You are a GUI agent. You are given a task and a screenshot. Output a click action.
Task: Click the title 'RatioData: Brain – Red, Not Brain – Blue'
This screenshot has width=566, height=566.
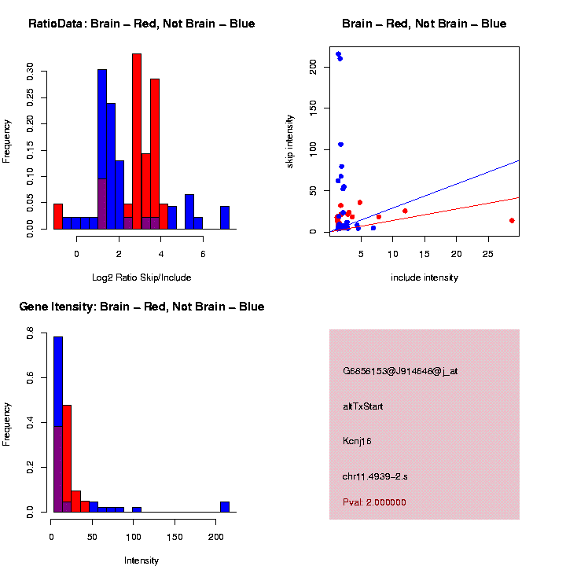coord(141,24)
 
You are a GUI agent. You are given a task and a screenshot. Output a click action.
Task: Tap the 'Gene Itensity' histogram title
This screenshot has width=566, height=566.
coord(141,307)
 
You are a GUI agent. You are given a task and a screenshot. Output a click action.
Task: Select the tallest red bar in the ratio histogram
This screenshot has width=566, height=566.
coord(137,141)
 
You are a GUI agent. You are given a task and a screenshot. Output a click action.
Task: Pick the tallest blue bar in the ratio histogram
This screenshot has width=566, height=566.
coord(102,149)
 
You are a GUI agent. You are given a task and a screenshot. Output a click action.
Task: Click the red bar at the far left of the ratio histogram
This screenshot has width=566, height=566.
coord(58,216)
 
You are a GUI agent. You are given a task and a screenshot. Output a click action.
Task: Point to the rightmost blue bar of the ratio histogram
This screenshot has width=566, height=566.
coord(225,218)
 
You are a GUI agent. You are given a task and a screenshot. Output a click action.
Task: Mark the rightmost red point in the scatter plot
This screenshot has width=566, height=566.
coord(512,221)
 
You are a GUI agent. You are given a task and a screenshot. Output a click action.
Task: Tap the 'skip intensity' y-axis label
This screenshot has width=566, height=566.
coord(290,140)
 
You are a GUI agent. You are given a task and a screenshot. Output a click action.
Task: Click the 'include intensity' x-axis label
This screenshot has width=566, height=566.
coord(424,277)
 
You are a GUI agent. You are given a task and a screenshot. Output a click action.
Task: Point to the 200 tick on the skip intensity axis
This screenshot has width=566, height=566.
coord(314,68)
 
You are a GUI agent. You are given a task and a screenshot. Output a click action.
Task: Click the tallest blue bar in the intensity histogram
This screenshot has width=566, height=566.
coord(58,424)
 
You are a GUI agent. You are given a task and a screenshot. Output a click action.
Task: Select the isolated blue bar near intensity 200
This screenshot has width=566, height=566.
coord(225,507)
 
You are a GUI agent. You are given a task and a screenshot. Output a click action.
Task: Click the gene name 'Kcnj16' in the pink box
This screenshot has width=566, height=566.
coord(357,442)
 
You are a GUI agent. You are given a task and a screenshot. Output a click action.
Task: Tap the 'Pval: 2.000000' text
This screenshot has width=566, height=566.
coord(375,502)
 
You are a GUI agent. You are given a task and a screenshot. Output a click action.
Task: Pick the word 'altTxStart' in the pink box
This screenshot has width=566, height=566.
coord(363,406)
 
